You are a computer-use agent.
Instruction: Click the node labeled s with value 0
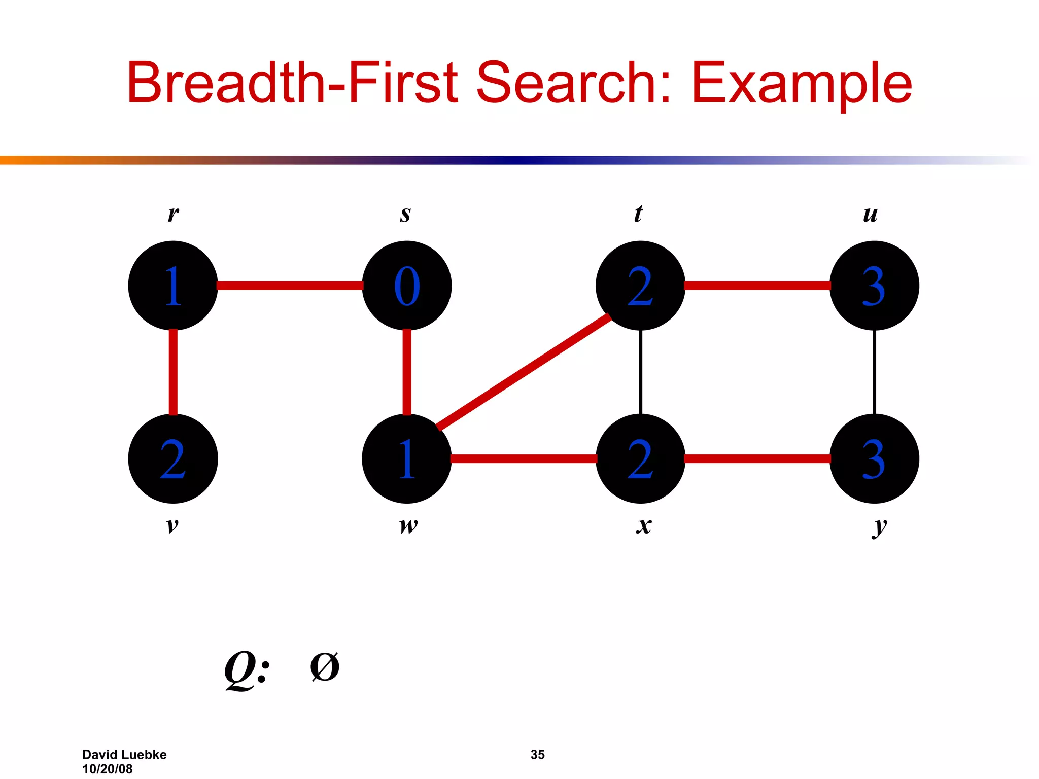[x=407, y=286]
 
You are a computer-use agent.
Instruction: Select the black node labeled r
[x=173, y=286]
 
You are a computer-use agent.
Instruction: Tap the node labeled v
[x=173, y=458]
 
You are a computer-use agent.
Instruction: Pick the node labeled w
[x=407, y=458]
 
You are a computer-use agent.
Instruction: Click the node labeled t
[x=640, y=286]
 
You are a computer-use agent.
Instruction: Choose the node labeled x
[x=640, y=458]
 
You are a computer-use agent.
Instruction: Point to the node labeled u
[x=874, y=286]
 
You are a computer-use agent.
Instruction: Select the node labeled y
[x=874, y=458]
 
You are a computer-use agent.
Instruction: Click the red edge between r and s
[x=290, y=286]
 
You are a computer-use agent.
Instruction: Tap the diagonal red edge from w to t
[x=524, y=372]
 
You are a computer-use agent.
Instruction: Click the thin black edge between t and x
[x=641, y=372]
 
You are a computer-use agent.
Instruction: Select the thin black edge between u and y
[x=874, y=372]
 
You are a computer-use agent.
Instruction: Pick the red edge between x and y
[x=757, y=458]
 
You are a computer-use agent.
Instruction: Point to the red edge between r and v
[x=173, y=372]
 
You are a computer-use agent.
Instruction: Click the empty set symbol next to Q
[x=325, y=667]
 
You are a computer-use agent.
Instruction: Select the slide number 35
[x=537, y=754]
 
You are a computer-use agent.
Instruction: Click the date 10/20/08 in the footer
[x=108, y=769]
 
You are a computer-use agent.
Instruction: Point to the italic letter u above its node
[x=870, y=215]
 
